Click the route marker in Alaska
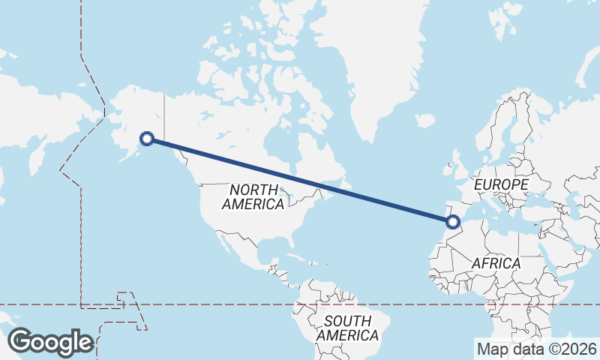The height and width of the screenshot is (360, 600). [x=148, y=138]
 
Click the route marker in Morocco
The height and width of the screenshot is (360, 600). [x=452, y=221]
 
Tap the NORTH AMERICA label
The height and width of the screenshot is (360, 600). [x=253, y=196]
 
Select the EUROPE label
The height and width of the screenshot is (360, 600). [x=502, y=184]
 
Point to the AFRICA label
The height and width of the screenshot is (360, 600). [x=496, y=263]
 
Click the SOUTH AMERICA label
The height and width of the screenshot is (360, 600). [x=347, y=328]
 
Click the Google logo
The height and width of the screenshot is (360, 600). [x=50, y=342]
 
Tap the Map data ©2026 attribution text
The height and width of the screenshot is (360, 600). [x=536, y=349]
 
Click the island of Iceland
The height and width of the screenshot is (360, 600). [x=424, y=120]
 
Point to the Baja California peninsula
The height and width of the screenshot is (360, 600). [x=224, y=244]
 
